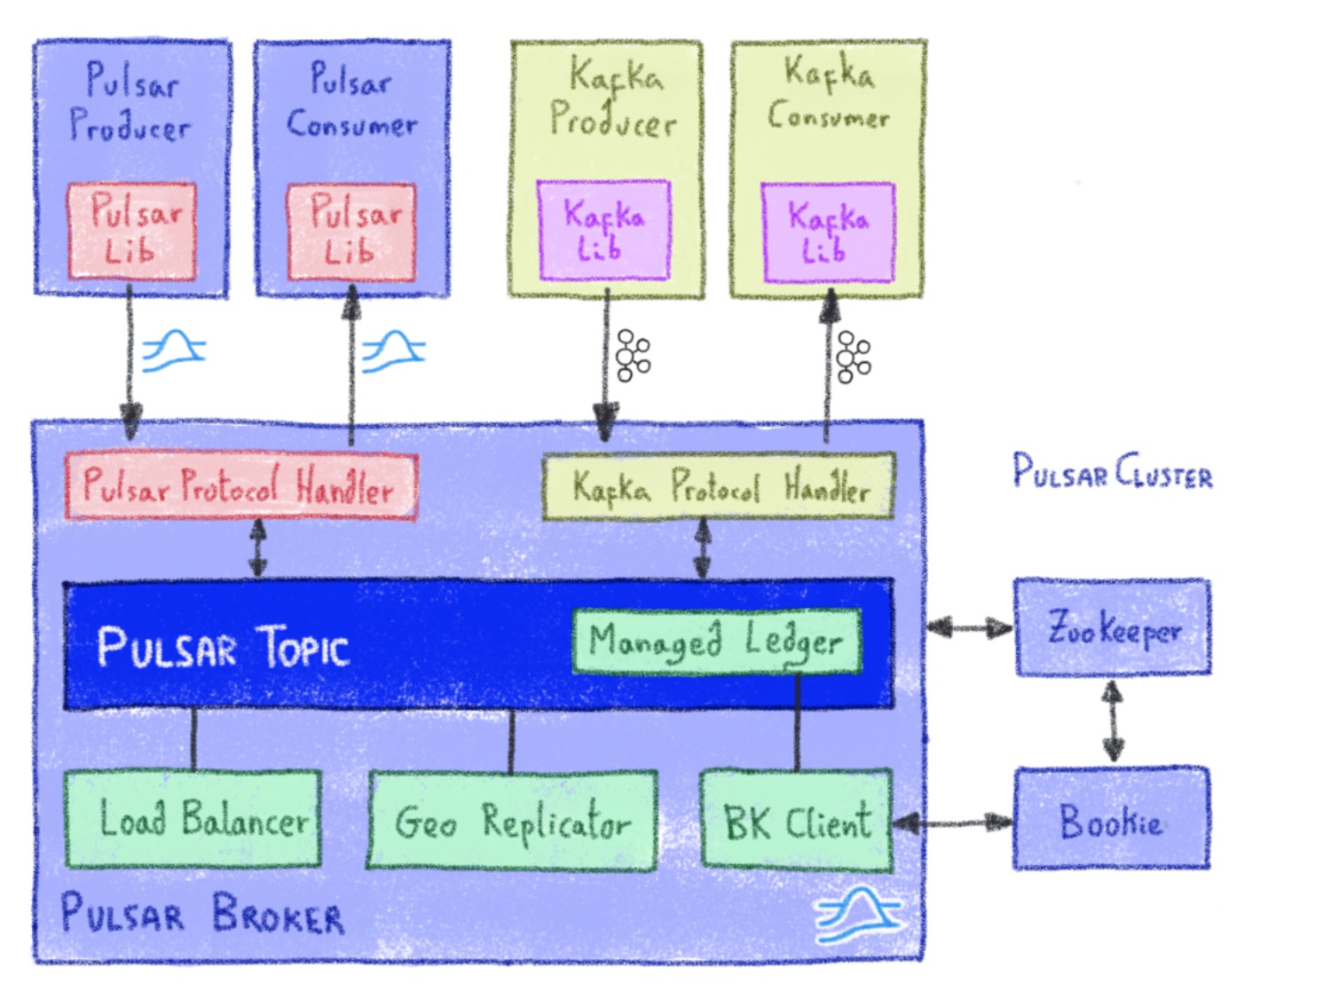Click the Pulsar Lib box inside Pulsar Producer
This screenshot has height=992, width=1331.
tap(131, 232)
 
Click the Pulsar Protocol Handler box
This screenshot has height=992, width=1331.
tap(240, 486)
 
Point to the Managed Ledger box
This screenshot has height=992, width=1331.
tap(717, 641)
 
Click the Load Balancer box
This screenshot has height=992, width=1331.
tap(193, 818)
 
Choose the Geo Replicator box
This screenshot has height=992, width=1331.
tap(513, 821)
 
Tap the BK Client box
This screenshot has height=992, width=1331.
tap(796, 821)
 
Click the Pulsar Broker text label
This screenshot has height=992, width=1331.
tap(202, 914)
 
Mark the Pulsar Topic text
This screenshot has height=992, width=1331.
tap(223, 647)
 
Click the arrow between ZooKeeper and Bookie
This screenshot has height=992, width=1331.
tap(1113, 721)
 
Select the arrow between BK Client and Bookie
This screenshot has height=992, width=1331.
tap(953, 823)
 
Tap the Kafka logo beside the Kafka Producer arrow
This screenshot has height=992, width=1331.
tap(633, 356)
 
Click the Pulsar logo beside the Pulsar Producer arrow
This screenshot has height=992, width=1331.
tap(174, 350)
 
